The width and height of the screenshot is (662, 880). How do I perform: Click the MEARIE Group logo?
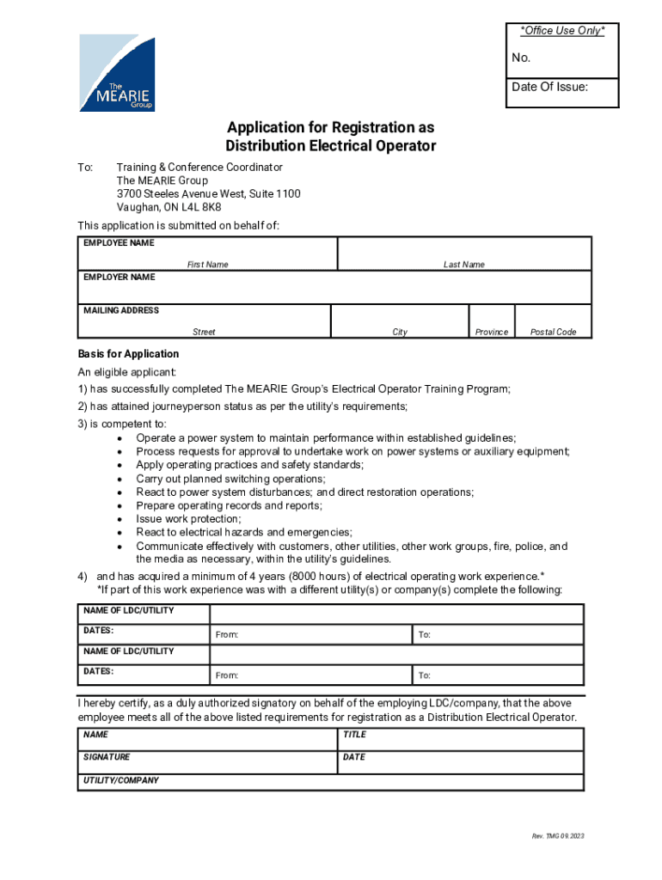(118, 73)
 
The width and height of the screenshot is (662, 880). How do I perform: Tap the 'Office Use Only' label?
(562, 31)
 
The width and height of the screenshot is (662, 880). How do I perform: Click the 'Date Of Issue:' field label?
(550, 87)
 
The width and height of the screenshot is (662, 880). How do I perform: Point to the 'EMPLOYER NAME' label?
(120, 278)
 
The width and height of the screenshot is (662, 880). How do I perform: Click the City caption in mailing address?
(400, 332)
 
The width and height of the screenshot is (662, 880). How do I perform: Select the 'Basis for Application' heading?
(128, 354)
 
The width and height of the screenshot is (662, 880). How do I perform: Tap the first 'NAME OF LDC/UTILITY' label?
(128, 610)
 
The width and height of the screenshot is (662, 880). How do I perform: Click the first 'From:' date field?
(311, 634)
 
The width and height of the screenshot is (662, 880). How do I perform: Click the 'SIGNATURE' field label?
(107, 757)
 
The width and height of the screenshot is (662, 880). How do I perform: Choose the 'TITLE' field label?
(354, 735)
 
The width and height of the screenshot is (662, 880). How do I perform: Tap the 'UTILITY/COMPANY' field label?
(121, 780)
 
